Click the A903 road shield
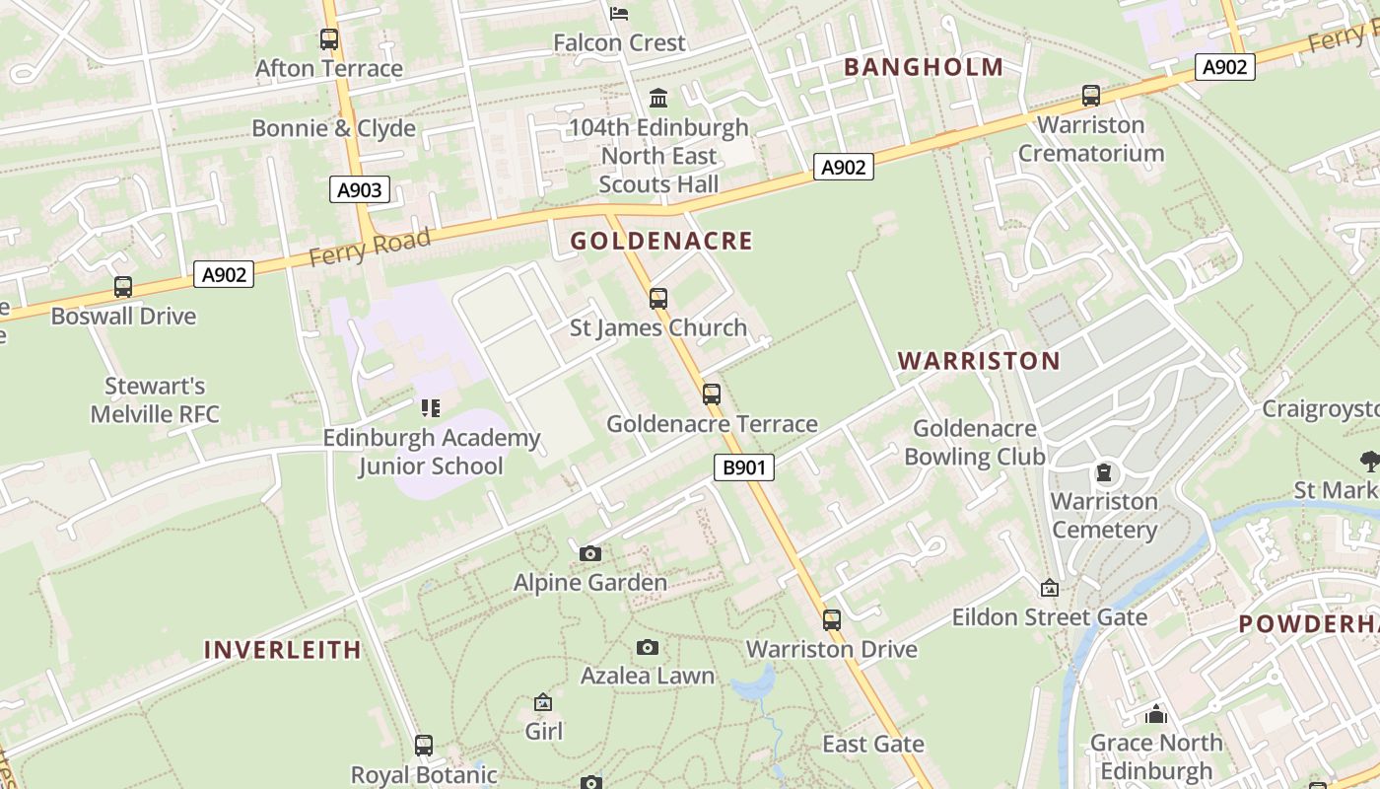tap(359, 189)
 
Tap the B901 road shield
tap(743, 467)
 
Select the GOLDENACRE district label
tap(660, 241)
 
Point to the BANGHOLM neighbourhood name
tap(924, 67)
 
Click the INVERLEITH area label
tap(282, 650)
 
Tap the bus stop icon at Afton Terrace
tap(329, 39)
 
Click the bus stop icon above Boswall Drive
tap(123, 287)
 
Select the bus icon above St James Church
tap(658, 298)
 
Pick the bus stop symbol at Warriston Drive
tap(832, 620)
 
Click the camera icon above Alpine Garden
tap(590, 553)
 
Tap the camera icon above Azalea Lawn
tap(648, 647)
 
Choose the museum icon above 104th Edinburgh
tap(658, 99)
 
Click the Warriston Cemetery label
tap(1104, 516)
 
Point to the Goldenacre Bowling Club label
tap(975, 443)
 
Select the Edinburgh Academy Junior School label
tap(432, 452)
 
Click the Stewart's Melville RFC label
tap(155, 399)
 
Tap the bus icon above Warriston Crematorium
tap(1091, 96)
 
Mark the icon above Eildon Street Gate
tap(1050, 588)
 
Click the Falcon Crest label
tap(619, 43)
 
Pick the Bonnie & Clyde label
tap(333, 128)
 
